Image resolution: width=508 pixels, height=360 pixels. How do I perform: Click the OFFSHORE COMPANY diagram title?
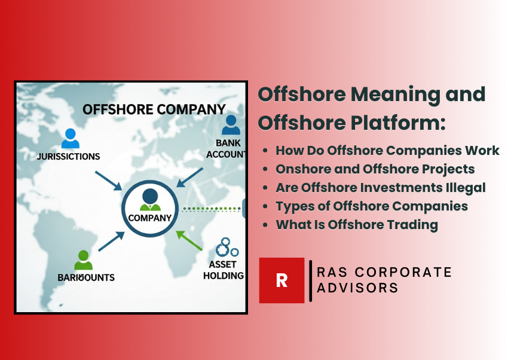pos(154,109)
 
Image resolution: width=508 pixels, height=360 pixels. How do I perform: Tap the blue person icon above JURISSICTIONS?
pos(70,138)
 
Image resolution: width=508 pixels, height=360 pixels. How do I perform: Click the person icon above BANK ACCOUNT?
pos(231,125)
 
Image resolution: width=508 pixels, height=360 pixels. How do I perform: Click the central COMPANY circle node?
pos(150,208)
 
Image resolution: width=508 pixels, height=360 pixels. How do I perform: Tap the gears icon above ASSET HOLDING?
pos(227,248)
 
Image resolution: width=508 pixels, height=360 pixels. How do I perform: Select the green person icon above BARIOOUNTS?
pos(84,260)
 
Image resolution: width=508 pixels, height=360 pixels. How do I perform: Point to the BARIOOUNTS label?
pos(85,277)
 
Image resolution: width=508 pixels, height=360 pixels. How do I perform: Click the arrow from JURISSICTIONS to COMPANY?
pos(108,181)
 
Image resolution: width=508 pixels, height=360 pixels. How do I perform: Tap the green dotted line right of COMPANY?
pos(212,209)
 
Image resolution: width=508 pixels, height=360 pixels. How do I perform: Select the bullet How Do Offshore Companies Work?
pos(387,150)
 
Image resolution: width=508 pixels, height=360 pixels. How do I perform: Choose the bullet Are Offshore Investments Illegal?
pos(380,187)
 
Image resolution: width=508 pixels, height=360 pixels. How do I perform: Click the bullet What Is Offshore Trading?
pos(356,225)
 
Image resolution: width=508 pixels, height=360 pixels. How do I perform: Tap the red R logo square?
pos(281,280)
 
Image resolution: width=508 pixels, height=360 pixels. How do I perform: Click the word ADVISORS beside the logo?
pos(357,288)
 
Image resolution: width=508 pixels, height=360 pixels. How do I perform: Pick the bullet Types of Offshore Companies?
pos(371,206)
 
